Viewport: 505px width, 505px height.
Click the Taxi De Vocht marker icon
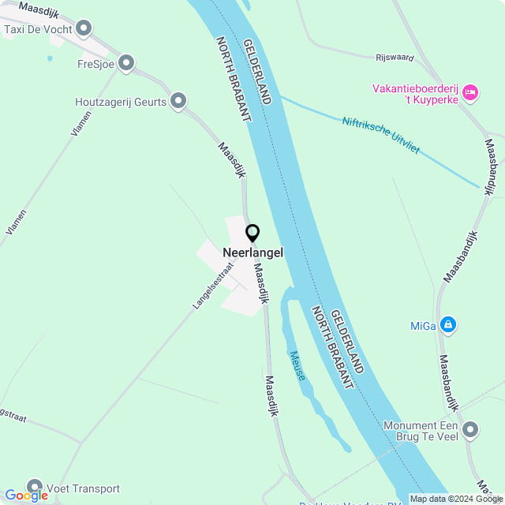pyautogui.click(x=84, y=30)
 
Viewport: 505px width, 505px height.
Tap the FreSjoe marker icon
pyautogui.click(x=126, y=64)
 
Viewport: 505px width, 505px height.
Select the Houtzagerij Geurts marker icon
pyautogui.click(x=178, y=101)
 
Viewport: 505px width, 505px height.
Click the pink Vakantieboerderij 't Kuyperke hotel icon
pyautogui.click(x=470, y=93)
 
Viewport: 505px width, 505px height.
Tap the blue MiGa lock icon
pyautogui.click(x=448, y=324)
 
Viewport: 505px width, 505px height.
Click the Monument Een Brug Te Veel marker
pyautogui.click(x=470, y=430)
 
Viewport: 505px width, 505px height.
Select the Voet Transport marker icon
pyautogui.click(x=34, y=488)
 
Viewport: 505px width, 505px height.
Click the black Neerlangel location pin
pyautogui.click(x=252, y=234)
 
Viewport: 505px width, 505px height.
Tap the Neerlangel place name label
pyautogui.click(x=252, y=252)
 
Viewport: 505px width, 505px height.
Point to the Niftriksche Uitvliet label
pyautogui.click(x=381, y=136)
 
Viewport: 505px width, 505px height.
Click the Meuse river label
pyautogui.click(x=297, y=366)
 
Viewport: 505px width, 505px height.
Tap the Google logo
pyautogui.click(x=26, y=496)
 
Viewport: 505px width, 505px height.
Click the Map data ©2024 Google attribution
pyautogui.click(x=457, y=499)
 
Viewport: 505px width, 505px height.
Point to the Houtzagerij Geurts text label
pyautogui.click(x=120, y=102)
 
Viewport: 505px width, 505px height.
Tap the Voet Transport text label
pyautogui.click(x=84, y=488)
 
